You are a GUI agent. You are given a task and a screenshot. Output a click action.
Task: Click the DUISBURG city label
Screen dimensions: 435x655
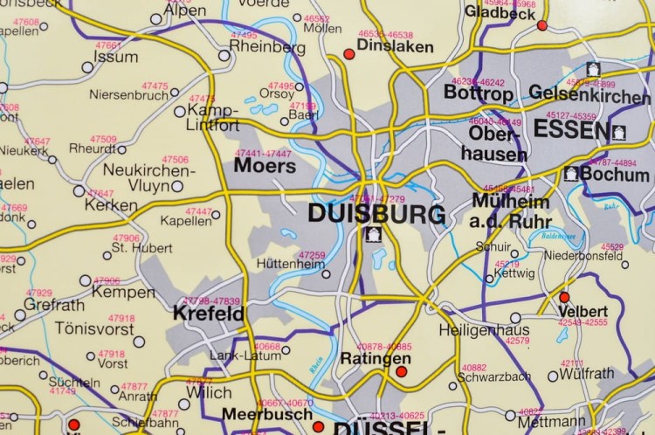click(376, 213)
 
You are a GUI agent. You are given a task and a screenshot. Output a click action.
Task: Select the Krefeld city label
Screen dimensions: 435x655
click(208, 312)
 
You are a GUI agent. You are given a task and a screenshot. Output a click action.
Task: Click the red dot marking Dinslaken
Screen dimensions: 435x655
click(349, 54)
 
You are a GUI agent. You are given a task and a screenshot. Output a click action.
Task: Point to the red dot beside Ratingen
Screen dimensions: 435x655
click(401, 372)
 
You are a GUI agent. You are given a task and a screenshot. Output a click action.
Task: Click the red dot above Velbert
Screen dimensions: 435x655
click(564, 297)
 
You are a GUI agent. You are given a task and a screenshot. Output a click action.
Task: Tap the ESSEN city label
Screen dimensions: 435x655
click(570, 131)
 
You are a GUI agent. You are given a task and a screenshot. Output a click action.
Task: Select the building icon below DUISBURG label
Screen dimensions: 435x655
click(374, 234)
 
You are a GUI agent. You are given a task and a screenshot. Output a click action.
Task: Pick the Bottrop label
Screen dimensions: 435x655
click(479, 92)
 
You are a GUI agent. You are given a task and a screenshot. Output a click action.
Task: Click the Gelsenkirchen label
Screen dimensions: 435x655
click(589, 94)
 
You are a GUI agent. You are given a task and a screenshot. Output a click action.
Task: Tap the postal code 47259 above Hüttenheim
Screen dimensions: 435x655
click(312, 255)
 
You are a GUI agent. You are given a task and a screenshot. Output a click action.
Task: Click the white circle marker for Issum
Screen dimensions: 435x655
click(87, 66)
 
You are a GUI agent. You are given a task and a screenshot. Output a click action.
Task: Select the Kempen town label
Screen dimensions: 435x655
click(123, 293)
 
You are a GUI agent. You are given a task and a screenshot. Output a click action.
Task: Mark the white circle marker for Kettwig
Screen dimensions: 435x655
click(490, 280)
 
